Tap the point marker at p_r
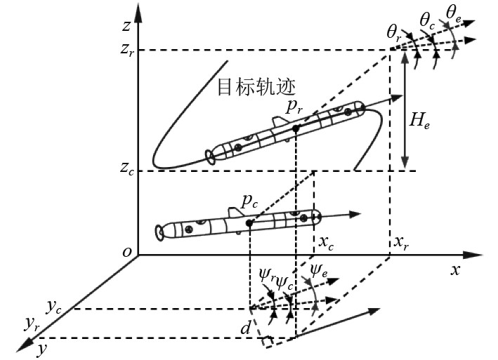296,128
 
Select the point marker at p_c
249,222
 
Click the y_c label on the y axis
54,306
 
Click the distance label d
245,327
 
